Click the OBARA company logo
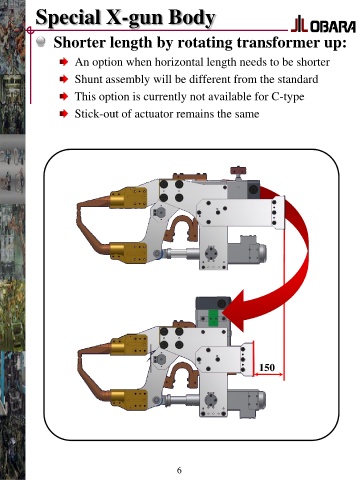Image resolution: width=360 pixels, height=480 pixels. point(323,24)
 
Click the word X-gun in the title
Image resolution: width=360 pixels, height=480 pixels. point(134,17)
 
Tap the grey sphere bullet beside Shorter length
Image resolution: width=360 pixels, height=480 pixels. point(41,42)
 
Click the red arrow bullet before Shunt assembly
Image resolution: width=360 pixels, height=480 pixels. point(64,79)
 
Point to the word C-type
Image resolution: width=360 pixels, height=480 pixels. point(288,97)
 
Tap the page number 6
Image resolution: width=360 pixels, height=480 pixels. point(179,470)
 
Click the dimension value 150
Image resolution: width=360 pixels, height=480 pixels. point(267,367)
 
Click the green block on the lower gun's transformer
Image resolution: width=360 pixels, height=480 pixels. point(213,317)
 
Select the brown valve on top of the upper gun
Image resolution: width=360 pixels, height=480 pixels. point(239,172)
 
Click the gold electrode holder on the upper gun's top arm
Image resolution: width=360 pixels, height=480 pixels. point(129,198)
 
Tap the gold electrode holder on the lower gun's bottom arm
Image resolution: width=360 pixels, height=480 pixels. point(129,400)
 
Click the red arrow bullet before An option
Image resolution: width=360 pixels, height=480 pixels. point(64,62)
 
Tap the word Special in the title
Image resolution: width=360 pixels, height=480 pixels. point(68,17)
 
